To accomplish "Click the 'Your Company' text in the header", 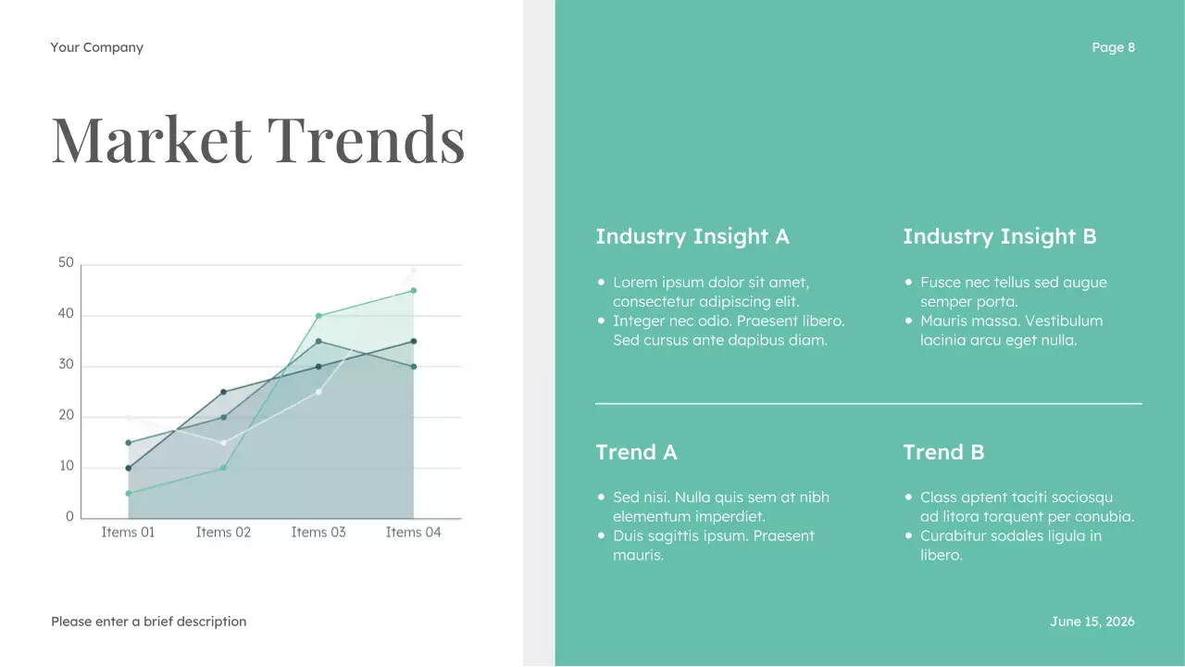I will tap(97, 47).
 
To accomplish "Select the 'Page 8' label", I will tap(1113, 47).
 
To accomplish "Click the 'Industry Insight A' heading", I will tap(692, 236).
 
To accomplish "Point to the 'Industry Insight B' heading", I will tap(999, 236).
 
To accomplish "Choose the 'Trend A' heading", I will tap(636, 452).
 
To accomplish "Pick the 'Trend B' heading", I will tap(943, 452).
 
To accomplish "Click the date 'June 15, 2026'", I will tap(1091, 622).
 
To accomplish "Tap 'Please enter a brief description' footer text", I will tap(149, 622).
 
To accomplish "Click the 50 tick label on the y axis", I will tap(66, 263).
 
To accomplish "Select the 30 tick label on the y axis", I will tap(66, 365).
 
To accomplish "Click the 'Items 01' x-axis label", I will tap(128, 533).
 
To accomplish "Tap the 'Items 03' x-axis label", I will tap(318, 533).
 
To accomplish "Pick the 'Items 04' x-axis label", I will tap(413, 533).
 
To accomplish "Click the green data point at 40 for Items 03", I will tap(318, 316).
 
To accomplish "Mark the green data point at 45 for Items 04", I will tap(414, 290).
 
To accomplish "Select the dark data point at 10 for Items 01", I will tap(129, 468).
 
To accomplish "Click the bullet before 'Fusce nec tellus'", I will tap(909, 283).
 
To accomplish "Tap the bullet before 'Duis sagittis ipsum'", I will tap(602, 536).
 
